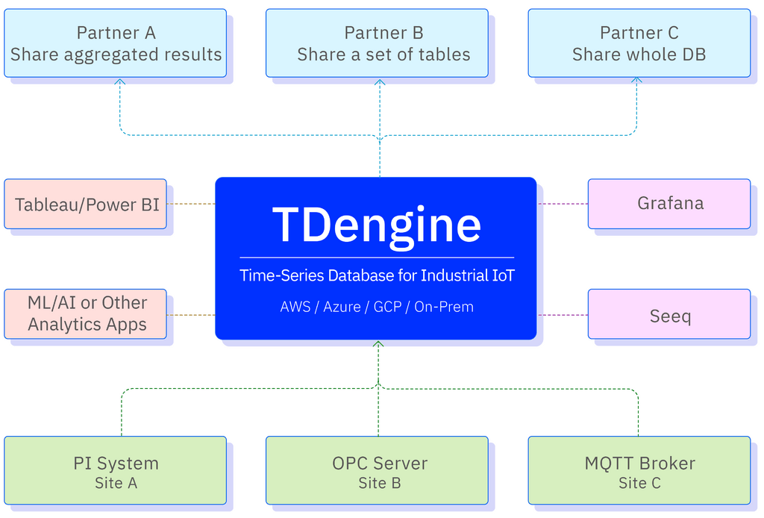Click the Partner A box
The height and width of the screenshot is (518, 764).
tap(116, 43)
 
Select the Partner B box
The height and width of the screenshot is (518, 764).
tap(377, 43)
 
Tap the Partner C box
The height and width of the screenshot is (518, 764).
tap(639, 43)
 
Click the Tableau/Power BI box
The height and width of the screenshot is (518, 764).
tap(87, 204)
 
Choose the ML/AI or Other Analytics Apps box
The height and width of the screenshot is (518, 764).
tap(87, 313)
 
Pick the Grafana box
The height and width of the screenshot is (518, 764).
tap(669, 203)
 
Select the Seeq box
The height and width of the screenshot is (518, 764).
tap(669, 316)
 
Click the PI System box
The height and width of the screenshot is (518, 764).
tap(116, 472)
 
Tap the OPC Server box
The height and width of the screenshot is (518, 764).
tap(379, 472)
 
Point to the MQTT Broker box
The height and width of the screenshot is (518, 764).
tap(639, 472)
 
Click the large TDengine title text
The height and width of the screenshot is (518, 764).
tap(377, 224)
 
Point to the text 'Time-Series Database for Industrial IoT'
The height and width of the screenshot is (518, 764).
tap(377, 275)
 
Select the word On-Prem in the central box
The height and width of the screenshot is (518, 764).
tap(445, 307)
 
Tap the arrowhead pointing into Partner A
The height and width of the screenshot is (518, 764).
tap(121, 83)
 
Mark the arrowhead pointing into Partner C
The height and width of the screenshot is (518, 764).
tap(637, 83)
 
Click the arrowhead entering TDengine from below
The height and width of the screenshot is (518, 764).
tap(379, 346)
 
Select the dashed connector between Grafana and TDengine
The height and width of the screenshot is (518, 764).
tap(563, 203)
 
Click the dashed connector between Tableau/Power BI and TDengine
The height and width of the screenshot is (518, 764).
tap(190, 203)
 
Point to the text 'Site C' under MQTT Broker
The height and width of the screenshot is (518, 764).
tap(639, 484)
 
